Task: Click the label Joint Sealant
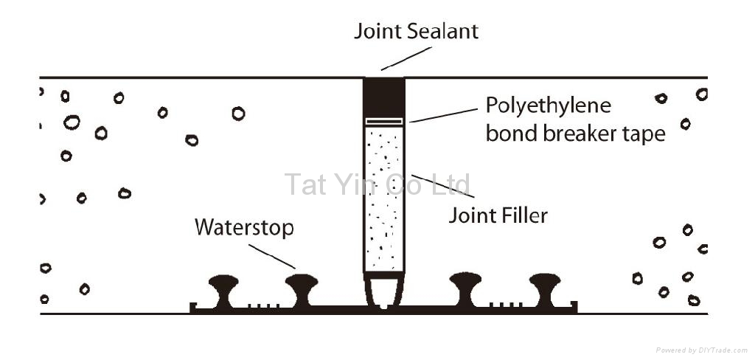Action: pos(416,31)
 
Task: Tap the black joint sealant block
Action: pos(383,96)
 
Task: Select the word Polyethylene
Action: pos(548,105)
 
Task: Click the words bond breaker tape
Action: pos(575,134)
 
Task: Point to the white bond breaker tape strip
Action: pos(383,121)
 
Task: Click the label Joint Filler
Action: pos(499,215)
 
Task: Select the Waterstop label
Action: pos(244,227)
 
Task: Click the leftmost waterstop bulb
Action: pos(223,285)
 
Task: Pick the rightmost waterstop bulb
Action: pos(545,284)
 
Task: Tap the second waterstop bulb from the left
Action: pos(302,285)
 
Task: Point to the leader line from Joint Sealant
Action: pos(406,58)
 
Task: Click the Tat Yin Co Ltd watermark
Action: pos(377,184)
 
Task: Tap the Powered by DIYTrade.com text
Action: pos(701,349)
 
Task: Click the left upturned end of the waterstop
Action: pos(192,306)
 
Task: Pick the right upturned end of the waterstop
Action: pos(574,305)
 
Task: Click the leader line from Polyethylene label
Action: pos(443,114)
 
